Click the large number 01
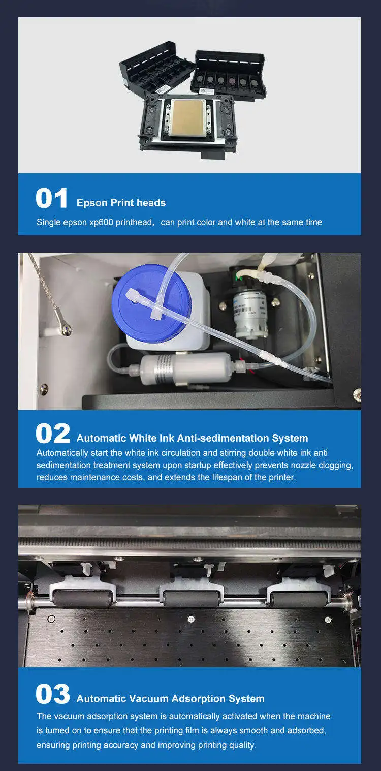[x=52, y=198]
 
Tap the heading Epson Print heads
[x=121, y=203]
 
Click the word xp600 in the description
[x=101, y=222]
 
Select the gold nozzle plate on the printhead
[x=187, y=117]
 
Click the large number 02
[x=53, y=434]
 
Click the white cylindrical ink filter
[x=186, y=368]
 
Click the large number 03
[x=53, y=694]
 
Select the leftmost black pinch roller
[x=83, y=598]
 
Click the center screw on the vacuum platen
[x=191, y=619]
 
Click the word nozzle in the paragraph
[x=304, y=465]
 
